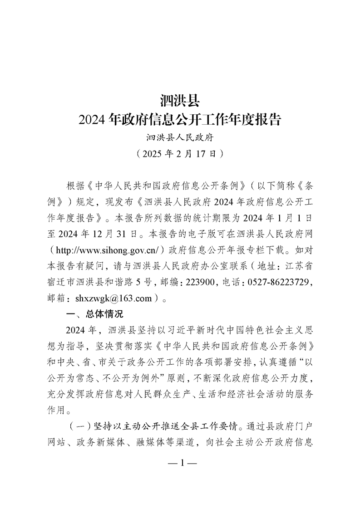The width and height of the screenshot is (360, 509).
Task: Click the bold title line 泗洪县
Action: click(180, 100)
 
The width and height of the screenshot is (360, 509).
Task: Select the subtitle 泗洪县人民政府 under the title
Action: click(180, 137)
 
